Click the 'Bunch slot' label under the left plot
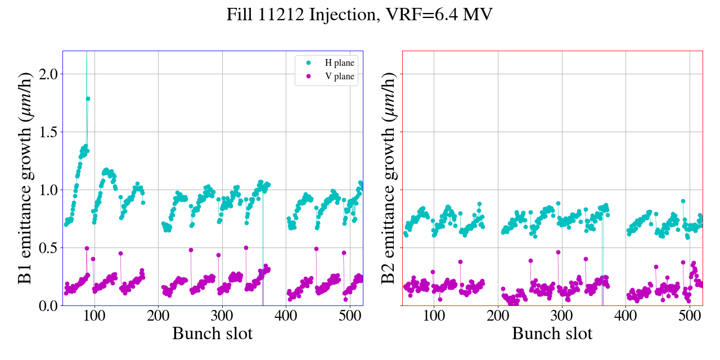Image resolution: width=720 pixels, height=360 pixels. pos(212,334)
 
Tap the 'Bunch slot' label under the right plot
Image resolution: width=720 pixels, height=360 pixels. pos(552,334)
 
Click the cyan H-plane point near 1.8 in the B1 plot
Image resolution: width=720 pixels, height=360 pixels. pos(88,98)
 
